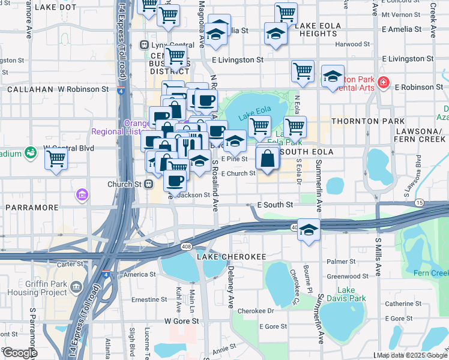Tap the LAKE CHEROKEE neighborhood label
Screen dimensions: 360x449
(231, 257)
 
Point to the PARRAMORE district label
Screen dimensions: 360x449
(32, 208)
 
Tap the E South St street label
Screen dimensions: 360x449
(274, 205)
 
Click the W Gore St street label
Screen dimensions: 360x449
(181, 321)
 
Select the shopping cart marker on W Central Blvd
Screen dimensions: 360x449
(56, 159)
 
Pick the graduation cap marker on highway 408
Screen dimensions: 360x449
(309, 230)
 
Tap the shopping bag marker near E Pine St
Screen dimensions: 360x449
(268, 158)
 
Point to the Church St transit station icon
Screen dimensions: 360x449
(147, 184)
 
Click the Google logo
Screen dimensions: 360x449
(19, 352)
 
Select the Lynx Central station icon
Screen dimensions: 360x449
(144, 44)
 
